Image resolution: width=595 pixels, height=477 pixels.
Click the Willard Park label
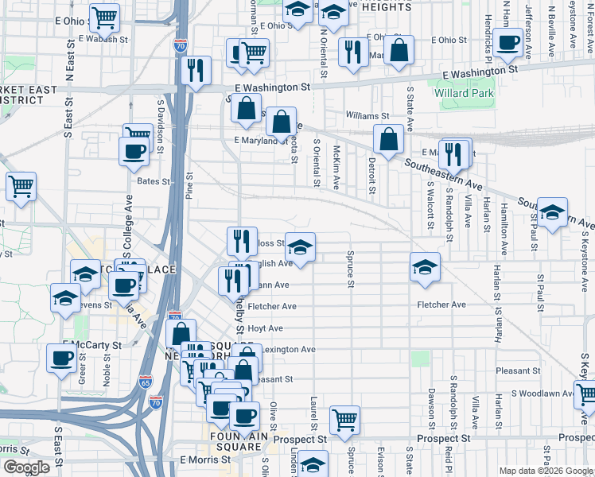[464, 94]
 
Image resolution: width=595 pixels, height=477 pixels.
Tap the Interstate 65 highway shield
[145, 382]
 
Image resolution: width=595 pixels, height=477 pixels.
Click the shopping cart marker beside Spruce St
[344, 419]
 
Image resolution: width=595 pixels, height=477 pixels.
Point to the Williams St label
[367, 116]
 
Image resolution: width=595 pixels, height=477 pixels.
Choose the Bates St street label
[154, 181]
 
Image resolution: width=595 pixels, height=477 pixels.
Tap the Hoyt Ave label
[265, 328]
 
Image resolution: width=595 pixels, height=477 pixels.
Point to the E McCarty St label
[92, 346]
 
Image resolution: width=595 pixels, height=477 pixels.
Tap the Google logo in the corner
[26, 467]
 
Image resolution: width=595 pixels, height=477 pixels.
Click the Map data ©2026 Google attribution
[546, 471]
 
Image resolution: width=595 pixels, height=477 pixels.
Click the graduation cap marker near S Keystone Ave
[552, 212]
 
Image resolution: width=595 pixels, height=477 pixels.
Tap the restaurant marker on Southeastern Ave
[454, 153]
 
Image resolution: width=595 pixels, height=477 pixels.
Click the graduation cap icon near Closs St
[300, 246]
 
